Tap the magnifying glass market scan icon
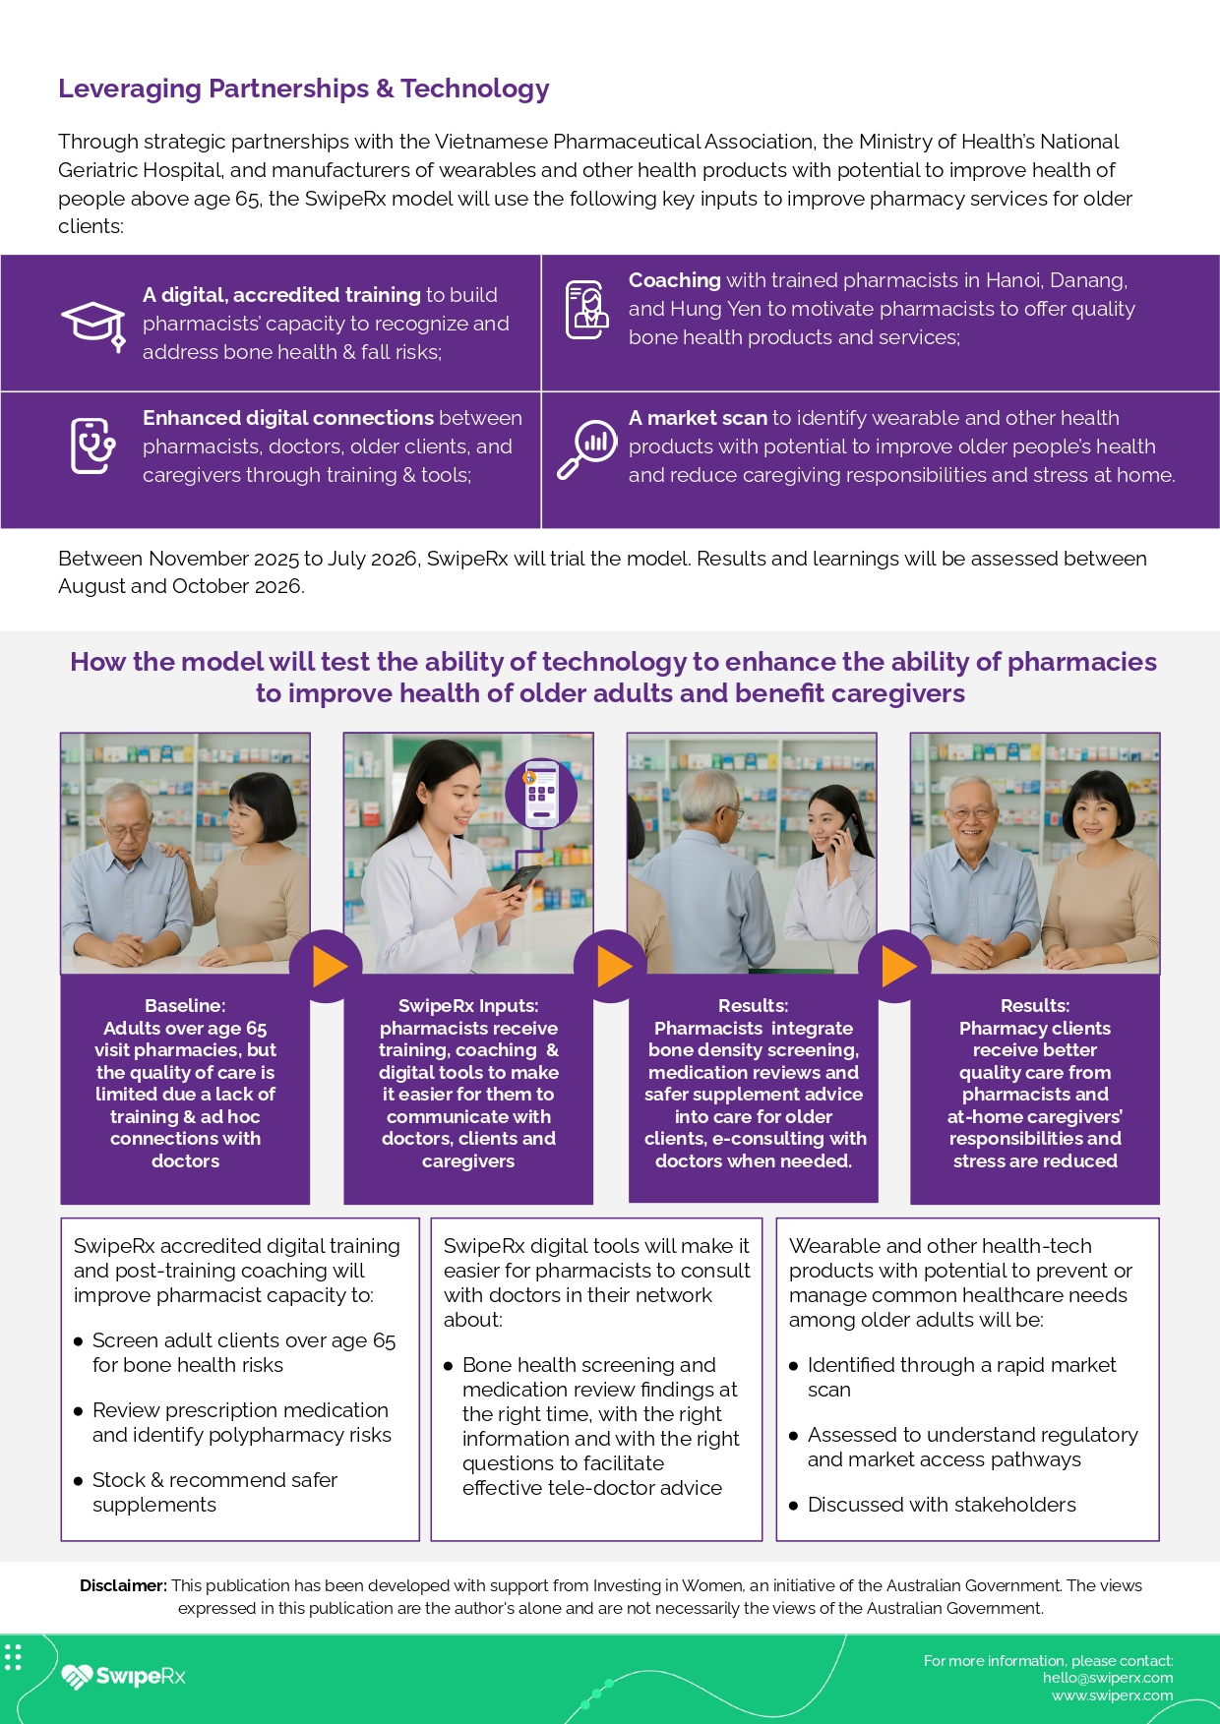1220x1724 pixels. (586, 448)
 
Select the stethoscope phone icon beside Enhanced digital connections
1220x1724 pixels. (93, 446)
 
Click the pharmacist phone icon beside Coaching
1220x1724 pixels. (586, 309)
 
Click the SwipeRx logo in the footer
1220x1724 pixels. (124, 1676)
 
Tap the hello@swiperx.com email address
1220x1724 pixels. (1108, 1678)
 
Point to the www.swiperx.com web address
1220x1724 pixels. (1112, 1695)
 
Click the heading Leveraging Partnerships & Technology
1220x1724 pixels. (303, 89)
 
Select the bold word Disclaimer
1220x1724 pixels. (123, 1585)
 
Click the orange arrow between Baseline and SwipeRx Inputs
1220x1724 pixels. (329, 967)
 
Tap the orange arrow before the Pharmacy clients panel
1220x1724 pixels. (898, 967)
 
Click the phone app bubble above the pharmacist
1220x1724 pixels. (541, 794)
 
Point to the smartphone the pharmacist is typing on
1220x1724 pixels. (520, 878)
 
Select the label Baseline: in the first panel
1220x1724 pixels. (185, 1006)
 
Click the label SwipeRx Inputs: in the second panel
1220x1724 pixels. (468, 1006)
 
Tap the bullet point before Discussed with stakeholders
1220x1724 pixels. (794, 1506)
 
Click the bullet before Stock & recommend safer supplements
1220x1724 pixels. (79, 1481)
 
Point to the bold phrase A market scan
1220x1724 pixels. (698, 418)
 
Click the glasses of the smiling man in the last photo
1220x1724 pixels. (970, 813)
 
